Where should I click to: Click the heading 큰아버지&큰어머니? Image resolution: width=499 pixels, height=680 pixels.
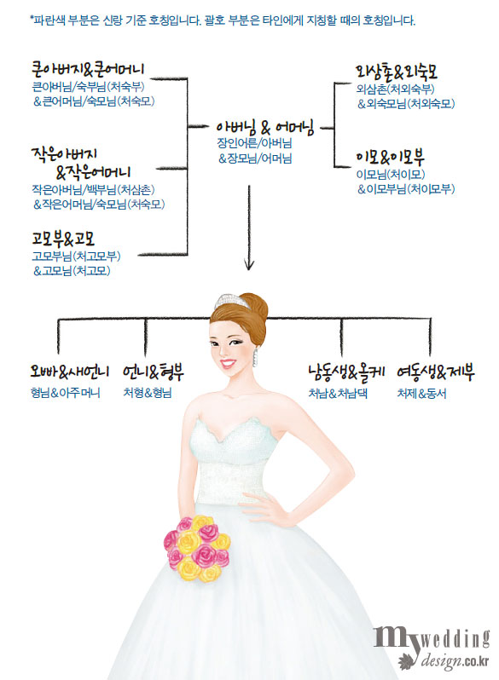point(88,69)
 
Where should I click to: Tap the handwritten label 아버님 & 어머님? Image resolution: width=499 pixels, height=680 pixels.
point(265,128)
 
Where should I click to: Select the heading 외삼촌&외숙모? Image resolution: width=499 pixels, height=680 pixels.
point(397,72)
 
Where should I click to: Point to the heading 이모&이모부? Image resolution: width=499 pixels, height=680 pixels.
point(390,158)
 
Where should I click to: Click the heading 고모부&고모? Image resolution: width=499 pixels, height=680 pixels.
point(63,239)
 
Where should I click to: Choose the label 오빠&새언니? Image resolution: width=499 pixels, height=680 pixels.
point(69,372)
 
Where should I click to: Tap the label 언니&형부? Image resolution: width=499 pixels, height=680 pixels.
point(154,372)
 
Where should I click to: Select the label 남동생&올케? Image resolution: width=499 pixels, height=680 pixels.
point(346,372)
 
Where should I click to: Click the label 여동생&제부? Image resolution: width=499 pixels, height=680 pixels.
point(436,372)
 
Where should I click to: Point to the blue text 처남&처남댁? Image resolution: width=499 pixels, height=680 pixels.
point(338,394)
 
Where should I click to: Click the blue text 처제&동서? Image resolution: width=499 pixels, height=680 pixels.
point(421,394)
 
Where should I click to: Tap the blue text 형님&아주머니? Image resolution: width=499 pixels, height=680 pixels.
point(65,393)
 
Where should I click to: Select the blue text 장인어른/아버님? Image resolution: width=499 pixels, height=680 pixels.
point(254,143)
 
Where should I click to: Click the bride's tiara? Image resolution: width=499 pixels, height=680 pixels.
point(231,301)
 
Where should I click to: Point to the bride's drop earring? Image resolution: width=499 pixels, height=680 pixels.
point(255,357)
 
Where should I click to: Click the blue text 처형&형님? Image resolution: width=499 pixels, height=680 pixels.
point(148,393)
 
